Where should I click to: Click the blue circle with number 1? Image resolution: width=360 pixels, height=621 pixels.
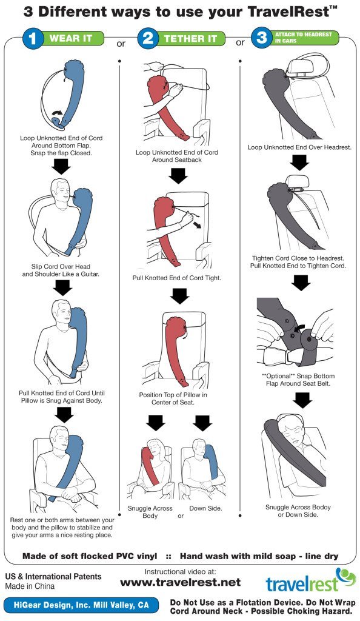[x=33, y=39]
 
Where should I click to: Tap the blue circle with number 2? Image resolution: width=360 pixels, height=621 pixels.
[x=147, y=39]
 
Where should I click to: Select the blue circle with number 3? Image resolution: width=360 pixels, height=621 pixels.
[x=261, y=38]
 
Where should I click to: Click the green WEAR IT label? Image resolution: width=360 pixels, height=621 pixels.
[x=71, y=38]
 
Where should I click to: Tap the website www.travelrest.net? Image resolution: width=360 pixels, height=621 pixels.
[x=181, y=582]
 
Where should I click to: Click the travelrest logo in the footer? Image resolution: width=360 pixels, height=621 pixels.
[x=311, y=580]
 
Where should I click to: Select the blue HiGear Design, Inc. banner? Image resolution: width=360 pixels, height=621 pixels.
[x=81, y=605]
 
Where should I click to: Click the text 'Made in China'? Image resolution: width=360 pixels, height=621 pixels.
[x=30, y=586]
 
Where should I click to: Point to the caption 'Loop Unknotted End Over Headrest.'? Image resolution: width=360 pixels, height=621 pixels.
[x=299, y=147]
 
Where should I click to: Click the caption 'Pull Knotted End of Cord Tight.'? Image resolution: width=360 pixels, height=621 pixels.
[x=177, y=278]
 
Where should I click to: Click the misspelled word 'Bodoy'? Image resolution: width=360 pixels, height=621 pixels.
[x=320, y=507]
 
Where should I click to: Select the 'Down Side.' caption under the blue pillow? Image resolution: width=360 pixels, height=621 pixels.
[x=205, y=508]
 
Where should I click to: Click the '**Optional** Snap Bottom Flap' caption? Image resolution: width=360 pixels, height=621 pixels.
[x=298, y=380]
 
